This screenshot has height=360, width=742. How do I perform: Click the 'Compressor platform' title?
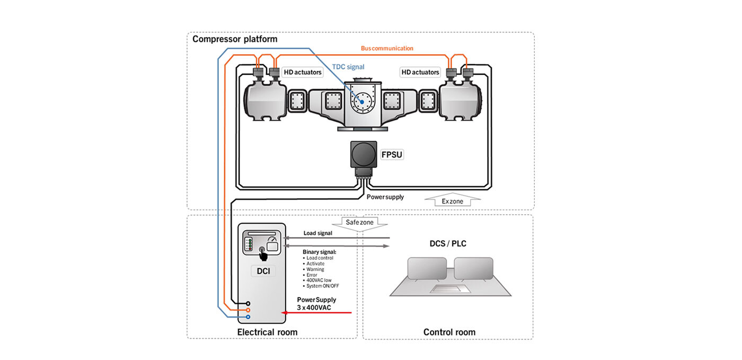pyautogui.click(x=234, y=39)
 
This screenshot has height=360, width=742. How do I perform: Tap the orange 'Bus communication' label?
pyautogui.click(x=387, y=48)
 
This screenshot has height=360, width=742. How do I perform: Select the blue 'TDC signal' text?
pyautogui.click(x=348, y=67)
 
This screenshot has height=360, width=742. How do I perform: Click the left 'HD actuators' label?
pyautogui.click(x=303, y=72)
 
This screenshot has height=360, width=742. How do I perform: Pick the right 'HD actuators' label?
pyautogui.click(x=420, y=72)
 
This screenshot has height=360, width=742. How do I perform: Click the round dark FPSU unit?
pyautogui.click(x=364, y=154)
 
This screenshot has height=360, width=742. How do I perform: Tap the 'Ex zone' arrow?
pyautogui.click(x=453, y=201)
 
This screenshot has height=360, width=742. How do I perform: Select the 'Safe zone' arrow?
pyautogui.click(x=359, y=223)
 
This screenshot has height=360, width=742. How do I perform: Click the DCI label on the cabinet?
pyautogui.click(x=263, y=271)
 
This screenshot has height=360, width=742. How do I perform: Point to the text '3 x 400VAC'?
pyautogui.click(x=314, y=306)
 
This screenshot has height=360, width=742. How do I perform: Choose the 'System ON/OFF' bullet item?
pyautogui.click(x=321, y=286)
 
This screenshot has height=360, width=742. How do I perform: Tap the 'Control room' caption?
pyautogui.click(x=449, y=332)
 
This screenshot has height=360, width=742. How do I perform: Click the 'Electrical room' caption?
pyautogui.click(x=267, y=332)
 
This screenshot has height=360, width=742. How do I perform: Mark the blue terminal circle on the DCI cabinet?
pyautogui.click(x=248, y=317)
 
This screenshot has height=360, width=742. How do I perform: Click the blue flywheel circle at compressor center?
pyautogui.click(x=363, y=99)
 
